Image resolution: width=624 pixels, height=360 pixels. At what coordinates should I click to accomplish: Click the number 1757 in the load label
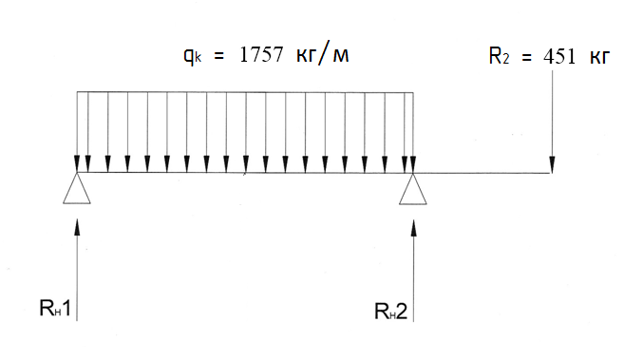(x=261, y=54)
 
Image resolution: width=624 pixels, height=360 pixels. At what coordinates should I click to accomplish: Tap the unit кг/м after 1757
(x=323, y=54)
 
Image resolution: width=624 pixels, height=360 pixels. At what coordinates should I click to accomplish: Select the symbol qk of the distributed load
(x=193, y=56)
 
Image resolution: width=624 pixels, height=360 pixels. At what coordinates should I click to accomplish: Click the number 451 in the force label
(x=559, y=57)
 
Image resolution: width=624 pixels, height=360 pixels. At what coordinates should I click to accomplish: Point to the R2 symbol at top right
(x=499, y=56)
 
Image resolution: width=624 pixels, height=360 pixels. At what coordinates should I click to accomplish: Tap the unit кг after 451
(x=599, y=58)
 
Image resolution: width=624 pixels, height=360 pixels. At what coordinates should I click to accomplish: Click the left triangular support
(x=77, y=188)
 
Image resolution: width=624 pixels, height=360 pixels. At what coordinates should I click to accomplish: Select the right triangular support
(x=413, y=189)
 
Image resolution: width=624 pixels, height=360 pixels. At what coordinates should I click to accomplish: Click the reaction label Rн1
(x=55, y=309)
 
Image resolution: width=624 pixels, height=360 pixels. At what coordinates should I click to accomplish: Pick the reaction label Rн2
(x=391, y=312)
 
